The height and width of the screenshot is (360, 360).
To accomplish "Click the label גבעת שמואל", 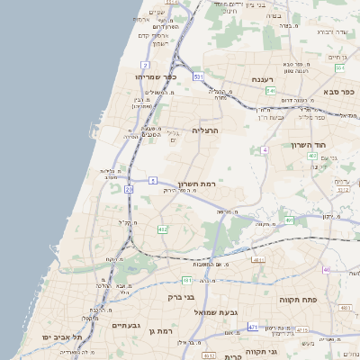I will click(x=241, y=311).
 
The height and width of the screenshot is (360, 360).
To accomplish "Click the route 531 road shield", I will click(x=198, y=77).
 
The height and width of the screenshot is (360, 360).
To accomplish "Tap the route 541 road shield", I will click(x=270, y=91).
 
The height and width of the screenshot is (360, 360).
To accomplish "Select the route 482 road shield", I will click(x=163, y=229).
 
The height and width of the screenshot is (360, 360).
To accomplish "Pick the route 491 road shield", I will click(x=290, y=220).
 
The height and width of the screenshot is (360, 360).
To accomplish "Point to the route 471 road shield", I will click(x=253, y=327).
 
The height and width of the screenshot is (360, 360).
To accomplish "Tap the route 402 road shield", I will click(x=311, y=156).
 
